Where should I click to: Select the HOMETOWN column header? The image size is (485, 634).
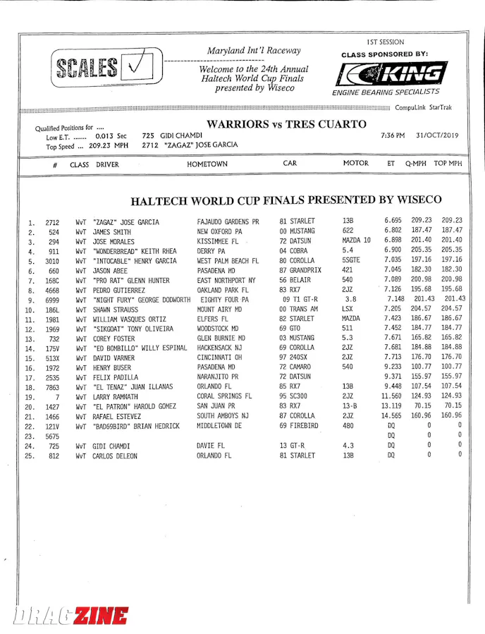(207, 164)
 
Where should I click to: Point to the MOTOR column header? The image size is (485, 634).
(355, 164)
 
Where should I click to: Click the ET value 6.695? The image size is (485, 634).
(393, 220)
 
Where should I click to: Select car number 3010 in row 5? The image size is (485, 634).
(53, 261)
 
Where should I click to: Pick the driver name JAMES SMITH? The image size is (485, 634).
(111, 231)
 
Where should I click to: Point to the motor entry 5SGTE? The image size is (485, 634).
(352, 260)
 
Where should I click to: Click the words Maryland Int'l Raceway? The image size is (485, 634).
(254, 51)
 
